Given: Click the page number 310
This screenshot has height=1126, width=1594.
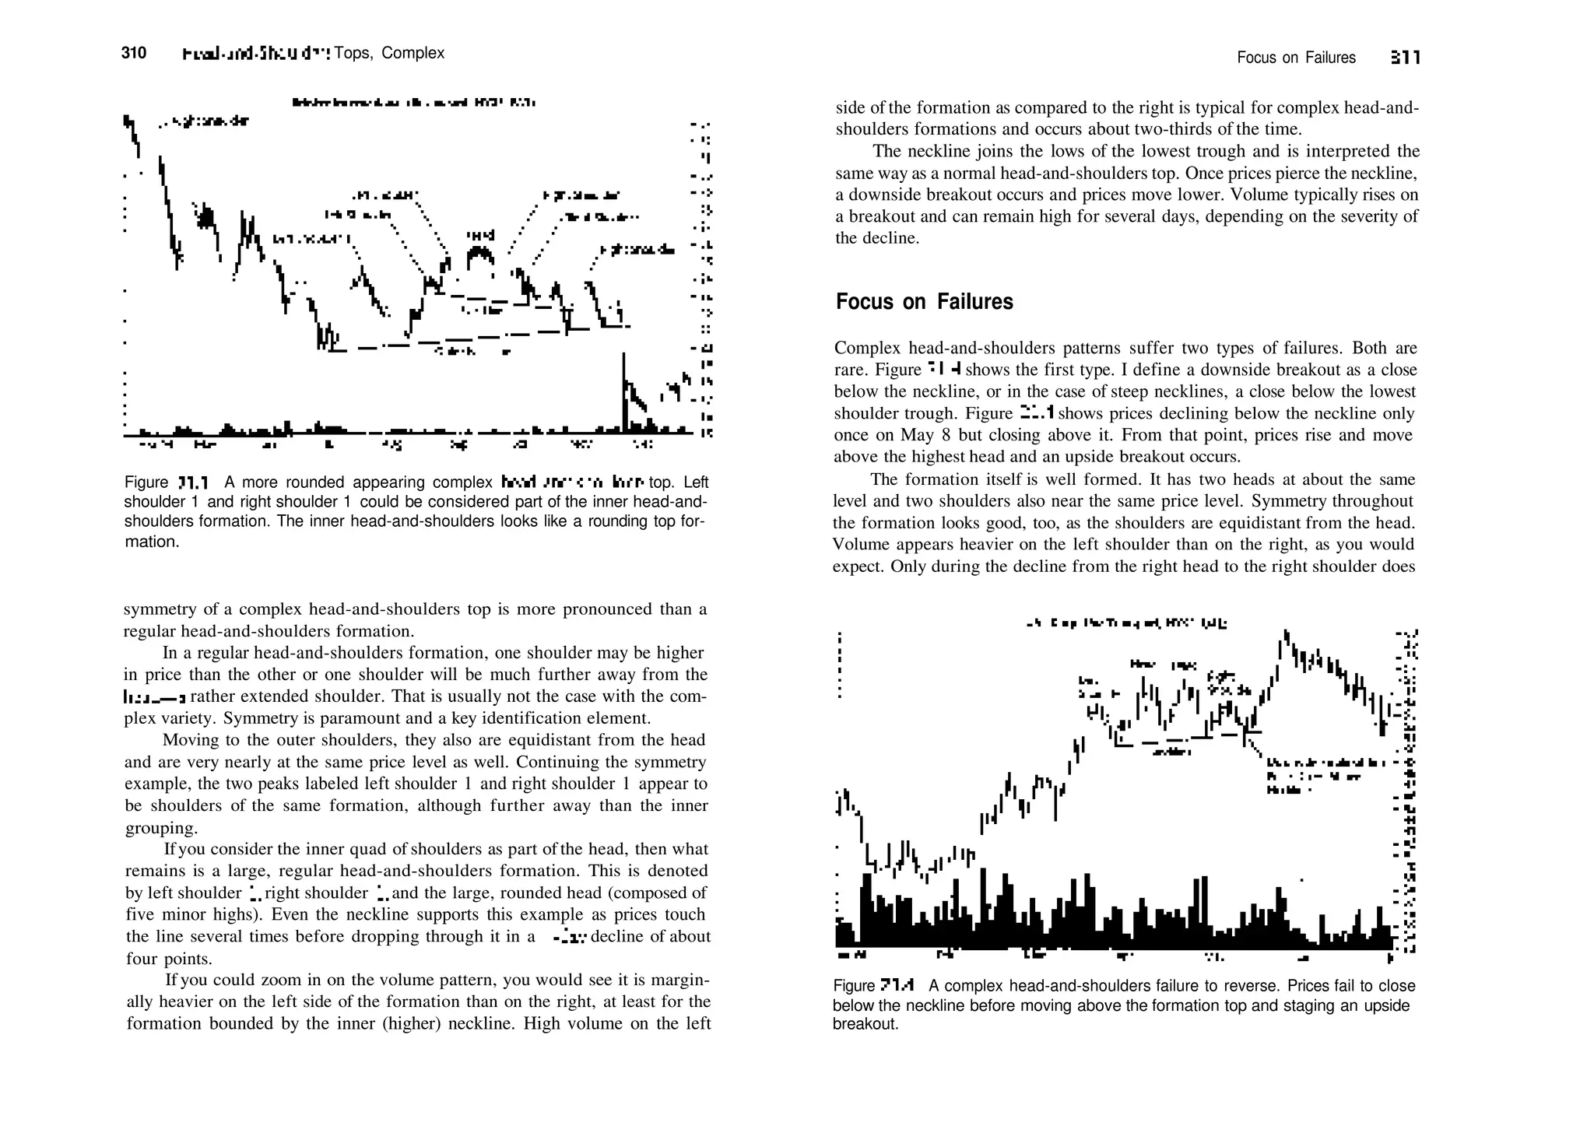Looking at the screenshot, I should pos(134,53).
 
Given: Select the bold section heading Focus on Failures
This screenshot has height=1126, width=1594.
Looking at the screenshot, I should pos(924,302).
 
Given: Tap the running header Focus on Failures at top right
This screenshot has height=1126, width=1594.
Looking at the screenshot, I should pos(1296,58).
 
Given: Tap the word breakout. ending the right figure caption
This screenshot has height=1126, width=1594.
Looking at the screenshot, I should pos(865,1024).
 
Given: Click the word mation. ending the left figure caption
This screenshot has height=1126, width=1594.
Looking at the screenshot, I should pos(152,542).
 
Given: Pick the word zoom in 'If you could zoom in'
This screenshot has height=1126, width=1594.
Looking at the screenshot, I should pos(281,980).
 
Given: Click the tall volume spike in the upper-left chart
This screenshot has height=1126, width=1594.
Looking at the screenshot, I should pos(623,389).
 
